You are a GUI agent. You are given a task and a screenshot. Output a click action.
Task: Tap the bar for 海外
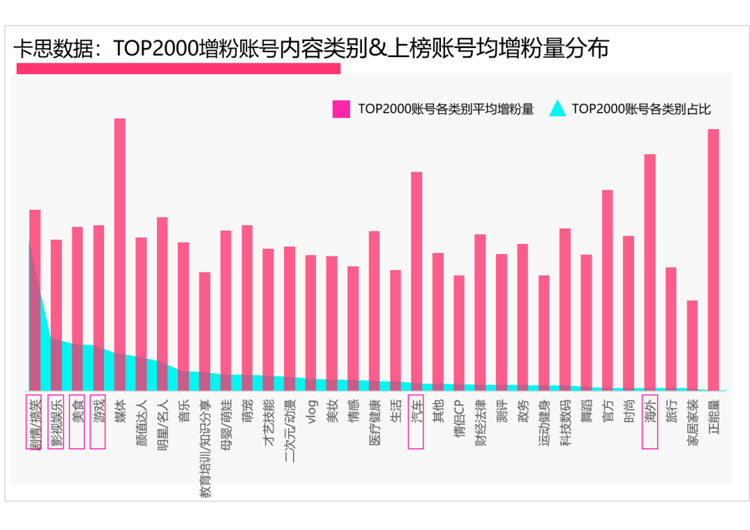tap(650, 272)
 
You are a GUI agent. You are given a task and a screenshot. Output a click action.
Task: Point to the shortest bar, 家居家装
tap(692, 345)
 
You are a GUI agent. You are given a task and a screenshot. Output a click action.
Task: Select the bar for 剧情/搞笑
tap(35, 299)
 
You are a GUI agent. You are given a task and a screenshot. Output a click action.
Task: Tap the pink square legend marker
tap(341, 109)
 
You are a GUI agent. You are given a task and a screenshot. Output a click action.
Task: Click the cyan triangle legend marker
tap(558, 108)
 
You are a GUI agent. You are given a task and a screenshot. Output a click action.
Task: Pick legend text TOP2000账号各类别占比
tap(641, 109)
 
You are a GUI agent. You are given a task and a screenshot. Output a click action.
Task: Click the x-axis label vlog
tap(311, 411)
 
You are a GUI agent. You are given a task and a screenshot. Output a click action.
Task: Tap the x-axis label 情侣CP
tap(459, 419)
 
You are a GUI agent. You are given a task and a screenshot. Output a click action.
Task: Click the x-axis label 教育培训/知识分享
tap(205, 448)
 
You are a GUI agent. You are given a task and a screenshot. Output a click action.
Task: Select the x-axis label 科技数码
tap(565, 422)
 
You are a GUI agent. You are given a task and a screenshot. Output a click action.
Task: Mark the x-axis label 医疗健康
tap(374, 422)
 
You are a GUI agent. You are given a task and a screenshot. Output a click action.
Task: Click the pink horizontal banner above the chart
tap(178, 68)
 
